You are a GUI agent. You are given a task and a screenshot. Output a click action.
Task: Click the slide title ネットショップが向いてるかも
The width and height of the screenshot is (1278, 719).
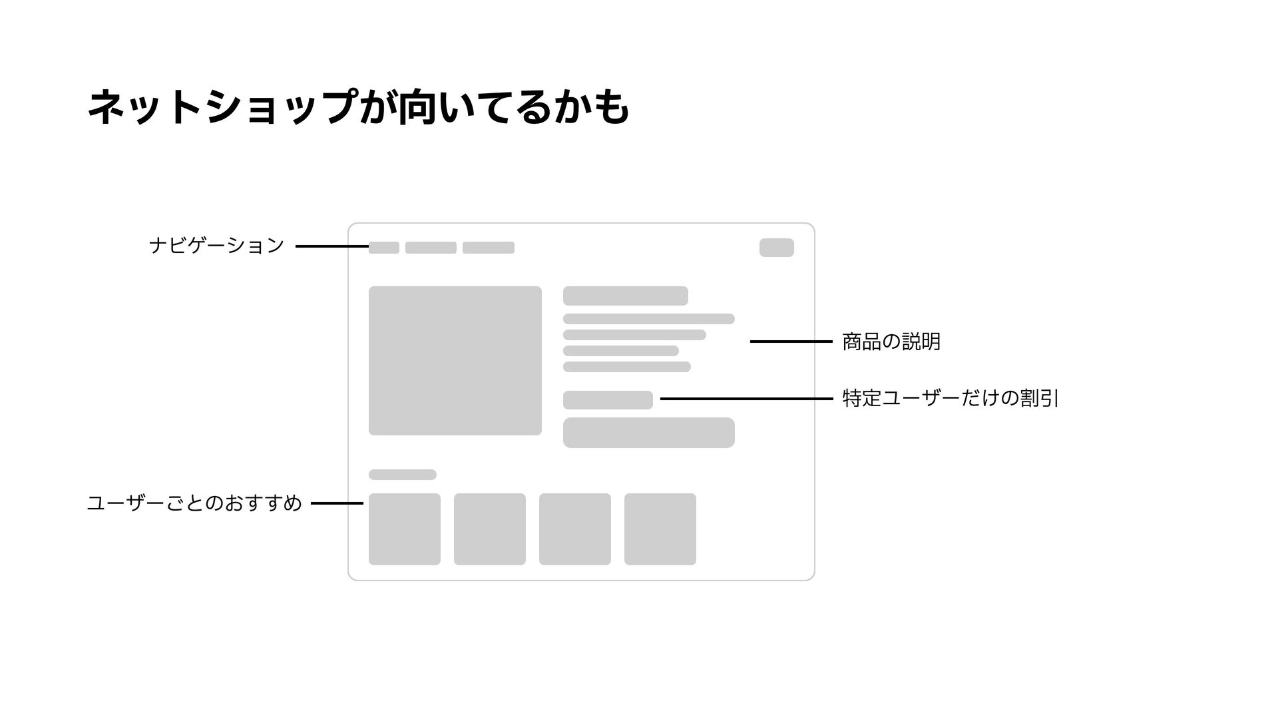[358, 107]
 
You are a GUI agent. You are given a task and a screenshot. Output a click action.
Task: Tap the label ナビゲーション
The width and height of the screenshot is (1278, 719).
[217, 246]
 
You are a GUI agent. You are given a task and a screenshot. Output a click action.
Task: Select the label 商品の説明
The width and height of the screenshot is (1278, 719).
[891, 342]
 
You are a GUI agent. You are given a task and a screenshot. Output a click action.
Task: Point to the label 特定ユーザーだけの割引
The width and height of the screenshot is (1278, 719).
[950, 398]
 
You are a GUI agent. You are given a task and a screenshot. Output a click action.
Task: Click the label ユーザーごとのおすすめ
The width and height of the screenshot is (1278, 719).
[194, 503]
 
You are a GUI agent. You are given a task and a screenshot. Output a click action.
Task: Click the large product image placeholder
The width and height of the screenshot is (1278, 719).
[455, 361]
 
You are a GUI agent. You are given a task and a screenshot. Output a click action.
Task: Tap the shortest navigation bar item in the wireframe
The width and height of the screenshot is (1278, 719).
[383, 248]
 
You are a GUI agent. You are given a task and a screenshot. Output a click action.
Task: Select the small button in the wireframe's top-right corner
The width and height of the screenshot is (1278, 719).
[776, 248]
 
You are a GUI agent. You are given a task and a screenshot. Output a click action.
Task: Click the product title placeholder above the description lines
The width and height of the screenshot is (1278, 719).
[625, 296]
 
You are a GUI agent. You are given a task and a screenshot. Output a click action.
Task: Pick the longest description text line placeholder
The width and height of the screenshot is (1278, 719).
[648, 319]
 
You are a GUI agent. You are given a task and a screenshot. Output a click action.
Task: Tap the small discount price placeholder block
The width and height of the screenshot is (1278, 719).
[607, 400]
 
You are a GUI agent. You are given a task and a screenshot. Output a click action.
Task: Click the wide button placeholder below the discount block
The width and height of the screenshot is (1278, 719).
[648, 433]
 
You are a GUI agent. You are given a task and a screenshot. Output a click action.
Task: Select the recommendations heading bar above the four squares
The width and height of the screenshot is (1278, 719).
[402, 475]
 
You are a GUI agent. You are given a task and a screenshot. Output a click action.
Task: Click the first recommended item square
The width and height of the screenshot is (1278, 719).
[404, 529]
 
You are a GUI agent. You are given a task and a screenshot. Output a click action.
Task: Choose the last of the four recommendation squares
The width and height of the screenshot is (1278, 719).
[660, 529]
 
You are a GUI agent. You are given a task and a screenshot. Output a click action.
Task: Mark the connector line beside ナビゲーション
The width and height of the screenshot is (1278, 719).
[331, 246]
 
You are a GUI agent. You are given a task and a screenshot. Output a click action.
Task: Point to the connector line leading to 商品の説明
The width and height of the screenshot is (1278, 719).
[791, 342]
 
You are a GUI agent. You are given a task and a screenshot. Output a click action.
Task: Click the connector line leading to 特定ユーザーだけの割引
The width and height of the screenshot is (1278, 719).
[745, 399]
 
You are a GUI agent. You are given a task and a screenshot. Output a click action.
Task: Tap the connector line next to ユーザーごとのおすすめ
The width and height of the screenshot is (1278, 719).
[337, 503]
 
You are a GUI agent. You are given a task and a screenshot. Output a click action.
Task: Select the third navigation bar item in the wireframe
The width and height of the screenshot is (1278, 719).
[488, 248]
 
